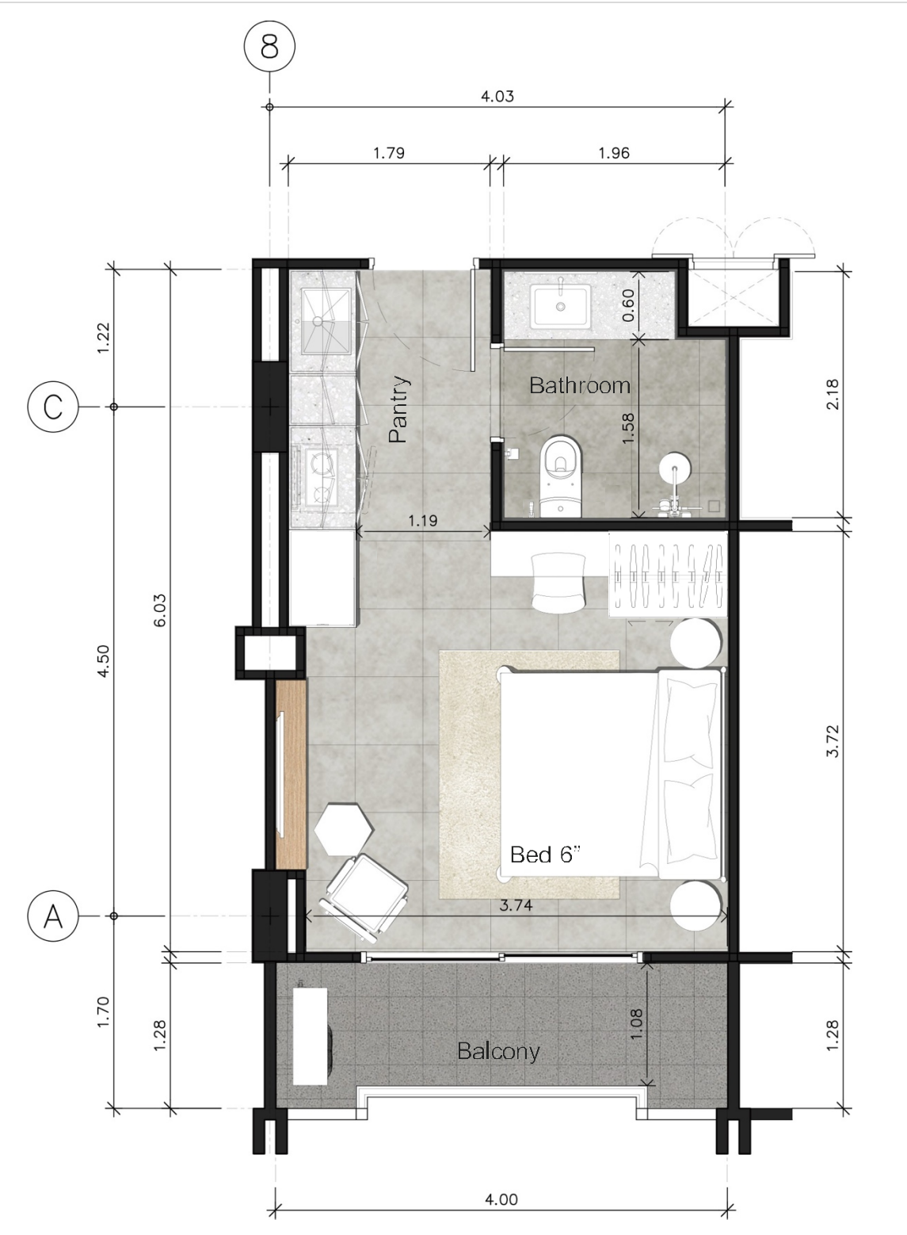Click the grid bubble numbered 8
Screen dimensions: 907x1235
coord(269,46)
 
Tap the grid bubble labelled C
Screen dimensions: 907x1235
coord(53,407)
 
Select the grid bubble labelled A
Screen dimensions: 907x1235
coord(53,916)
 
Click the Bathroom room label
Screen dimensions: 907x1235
coord(580,385)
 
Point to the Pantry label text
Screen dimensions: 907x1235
coord(398,409)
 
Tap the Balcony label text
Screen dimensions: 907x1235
coord(498,1051)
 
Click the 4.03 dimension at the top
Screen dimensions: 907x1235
coord(497,97)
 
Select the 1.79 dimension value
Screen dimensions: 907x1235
coord(389,153)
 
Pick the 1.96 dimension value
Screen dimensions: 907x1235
coord(614,153)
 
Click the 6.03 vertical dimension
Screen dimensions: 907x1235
coord(160,610)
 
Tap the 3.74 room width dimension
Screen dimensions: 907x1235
coord(516,905)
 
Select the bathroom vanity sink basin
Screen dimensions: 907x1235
coord(560,305)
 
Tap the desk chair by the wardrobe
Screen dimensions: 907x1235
coord(558,583)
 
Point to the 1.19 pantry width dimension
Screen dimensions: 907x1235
coord(423,521)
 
